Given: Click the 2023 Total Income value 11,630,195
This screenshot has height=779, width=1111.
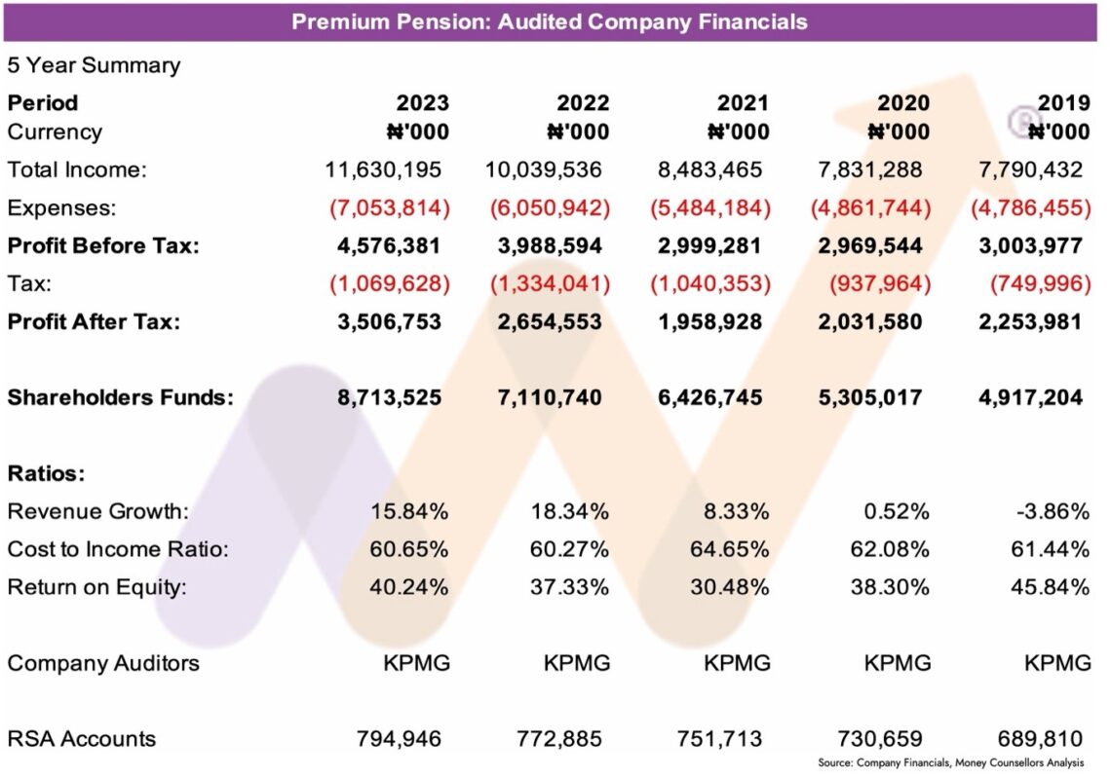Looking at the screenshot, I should point(383,169).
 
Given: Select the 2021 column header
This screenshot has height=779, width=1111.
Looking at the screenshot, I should point(742,103).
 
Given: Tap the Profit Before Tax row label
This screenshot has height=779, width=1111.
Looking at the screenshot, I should point(103,245).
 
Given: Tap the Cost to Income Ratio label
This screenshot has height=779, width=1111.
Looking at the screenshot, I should point(118,549).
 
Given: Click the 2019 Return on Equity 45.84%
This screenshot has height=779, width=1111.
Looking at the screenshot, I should point(1048,587).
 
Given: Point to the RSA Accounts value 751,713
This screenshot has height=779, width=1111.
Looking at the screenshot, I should point(719,738).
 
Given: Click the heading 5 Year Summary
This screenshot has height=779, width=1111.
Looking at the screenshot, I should point(94,65).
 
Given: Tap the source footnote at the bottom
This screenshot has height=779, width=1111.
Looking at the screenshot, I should point(950,762).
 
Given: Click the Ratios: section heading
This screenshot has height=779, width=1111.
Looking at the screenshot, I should point(47,474).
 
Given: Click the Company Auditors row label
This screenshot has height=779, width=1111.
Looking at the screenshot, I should point(103,663).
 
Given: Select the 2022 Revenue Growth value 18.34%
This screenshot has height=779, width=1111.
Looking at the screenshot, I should point(571,511).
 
